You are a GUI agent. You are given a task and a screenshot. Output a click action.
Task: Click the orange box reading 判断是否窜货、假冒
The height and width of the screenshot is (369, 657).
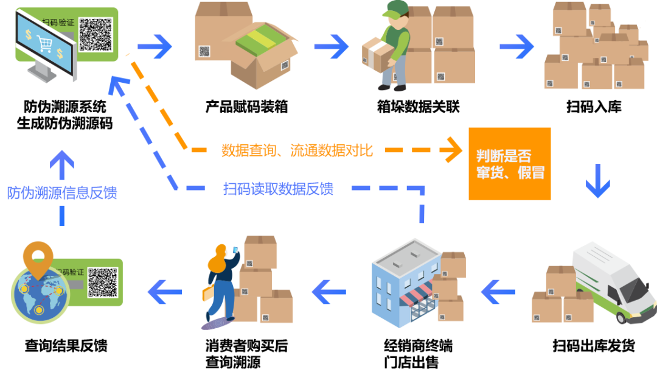coord(509,164)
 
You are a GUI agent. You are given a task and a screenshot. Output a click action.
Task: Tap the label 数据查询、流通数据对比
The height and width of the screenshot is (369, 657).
coord(295,150)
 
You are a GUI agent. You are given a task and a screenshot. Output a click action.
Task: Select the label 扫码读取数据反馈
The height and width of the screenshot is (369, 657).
coord(277,189)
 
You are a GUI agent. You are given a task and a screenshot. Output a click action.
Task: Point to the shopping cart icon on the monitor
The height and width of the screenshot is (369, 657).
coord(44,43)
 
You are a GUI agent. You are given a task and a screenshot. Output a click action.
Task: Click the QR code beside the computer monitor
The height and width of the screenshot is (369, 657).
coord(96,34)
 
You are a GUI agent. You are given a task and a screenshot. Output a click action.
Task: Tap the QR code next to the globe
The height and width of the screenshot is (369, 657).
coord(102,283)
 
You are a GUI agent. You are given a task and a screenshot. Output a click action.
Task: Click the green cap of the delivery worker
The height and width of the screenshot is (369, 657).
coord(397,8)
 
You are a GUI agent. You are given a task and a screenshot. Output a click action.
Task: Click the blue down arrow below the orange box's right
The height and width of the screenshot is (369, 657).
coord(597,181)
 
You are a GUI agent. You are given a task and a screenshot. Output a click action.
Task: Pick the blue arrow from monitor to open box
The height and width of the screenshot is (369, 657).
coord(155,46)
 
